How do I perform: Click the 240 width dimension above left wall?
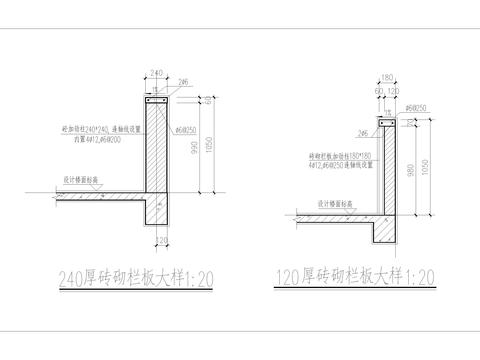coord(154,72)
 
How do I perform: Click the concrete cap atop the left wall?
coord(154,103)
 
